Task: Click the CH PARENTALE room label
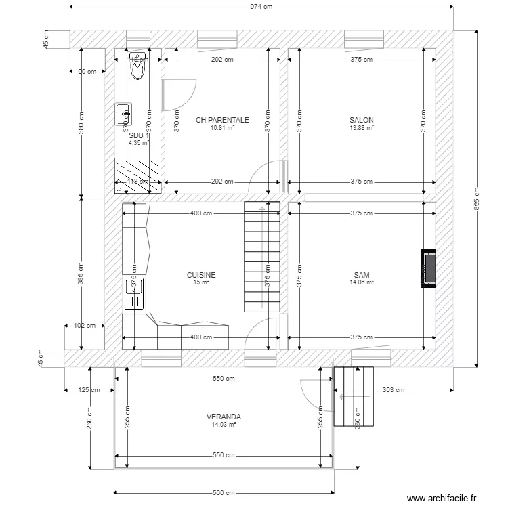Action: (x=222, y=120)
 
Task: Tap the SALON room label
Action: (x=362, y=120)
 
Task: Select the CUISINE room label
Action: (x=201, y=275)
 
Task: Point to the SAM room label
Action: (x=362, y=275)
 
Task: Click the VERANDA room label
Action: (x=224, y=417)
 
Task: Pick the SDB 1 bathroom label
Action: (x=138, y=135)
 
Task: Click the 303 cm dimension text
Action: (x=393, y=390)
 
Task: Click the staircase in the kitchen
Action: (x=261, y=257)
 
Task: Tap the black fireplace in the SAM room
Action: (x=428, y=268)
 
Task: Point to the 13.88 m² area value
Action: (x=362, y=127)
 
